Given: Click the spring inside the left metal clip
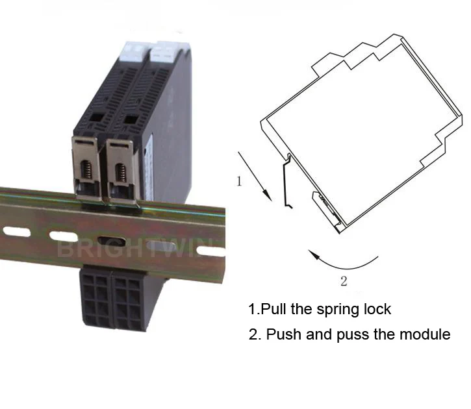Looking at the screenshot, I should (x=85, y=172).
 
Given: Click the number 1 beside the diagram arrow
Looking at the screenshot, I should (x=238, y=182).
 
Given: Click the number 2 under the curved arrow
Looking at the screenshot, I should (x=344, y=281).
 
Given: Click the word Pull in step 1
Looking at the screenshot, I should (x=273, y=308).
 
